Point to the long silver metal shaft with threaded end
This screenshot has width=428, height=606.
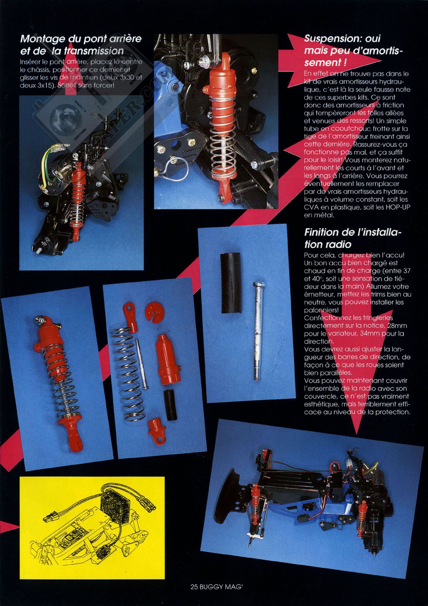pyautogui.click(x=257, y=330)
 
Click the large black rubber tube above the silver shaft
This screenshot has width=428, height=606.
pyautogui.click(x=231, y=283)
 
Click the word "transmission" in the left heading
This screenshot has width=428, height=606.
pyautogui.click(x=94, y=51)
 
